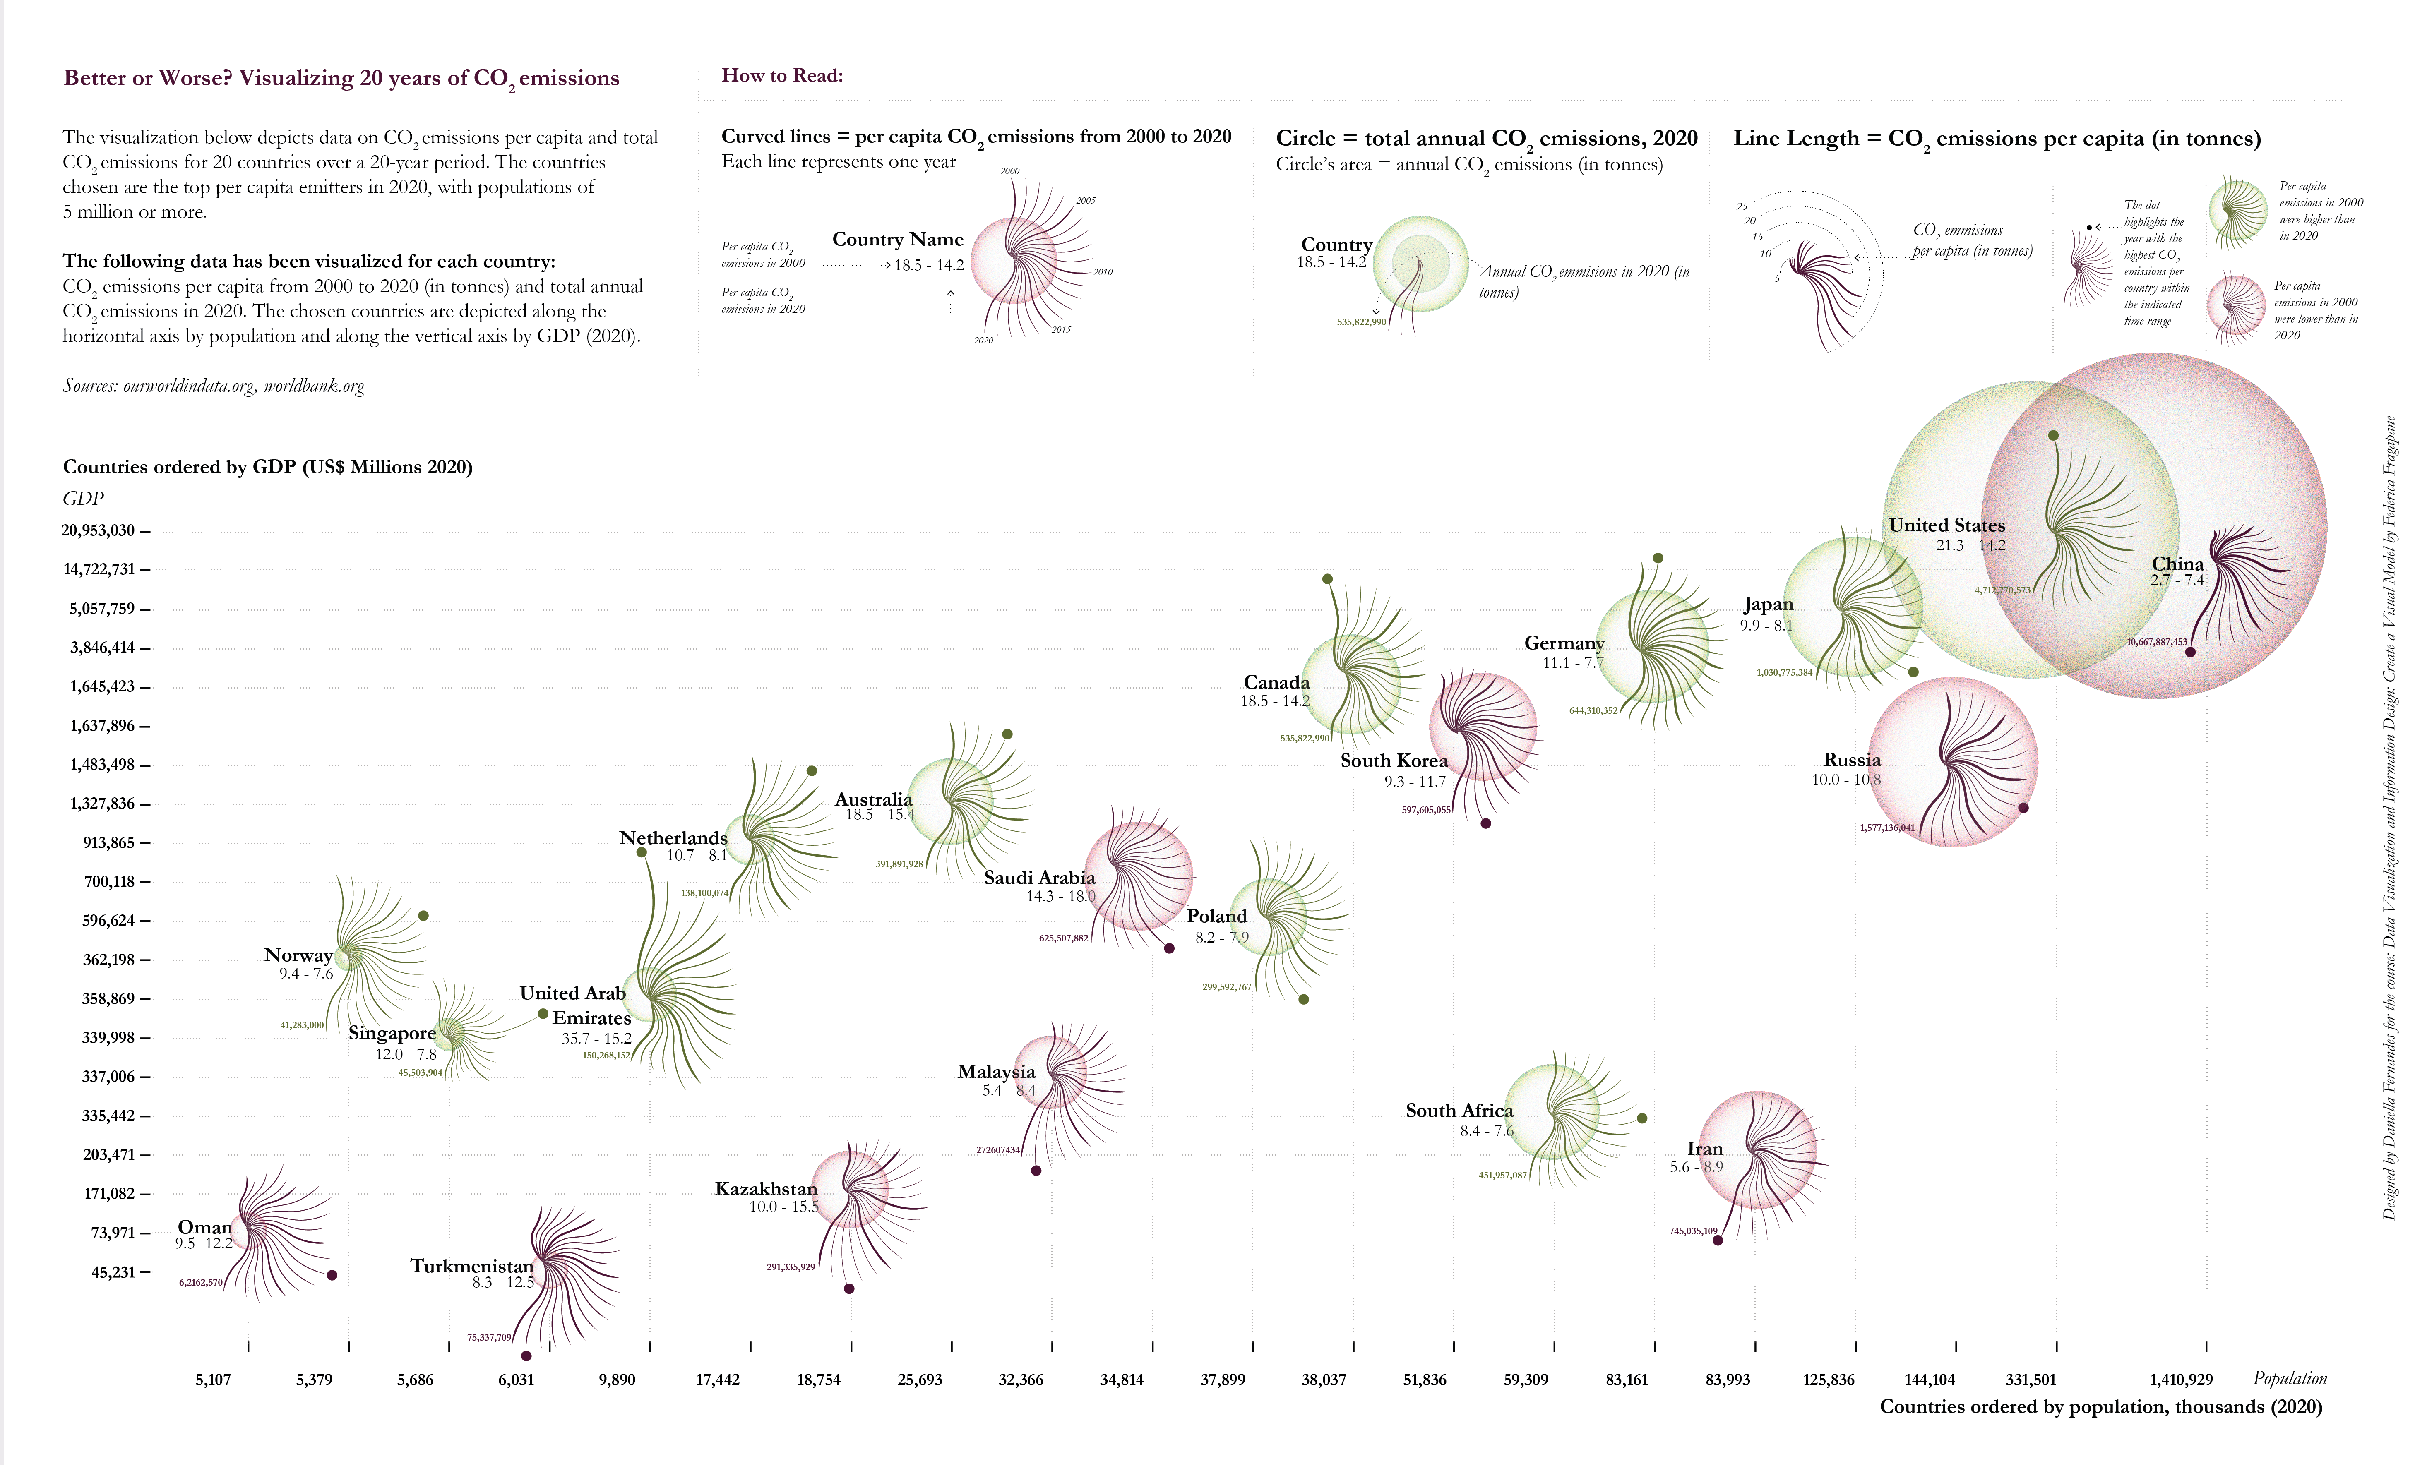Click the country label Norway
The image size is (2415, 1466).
coord(298,955)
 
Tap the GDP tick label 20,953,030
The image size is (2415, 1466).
coord(98,530)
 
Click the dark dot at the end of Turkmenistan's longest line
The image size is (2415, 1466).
coord(526,1356)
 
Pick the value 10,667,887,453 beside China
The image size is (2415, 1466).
coord(2156,642)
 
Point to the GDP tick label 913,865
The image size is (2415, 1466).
coord(109,843)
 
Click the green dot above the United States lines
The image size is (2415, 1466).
coord(2053,435)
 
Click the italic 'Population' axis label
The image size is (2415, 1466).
coord(2290,1379)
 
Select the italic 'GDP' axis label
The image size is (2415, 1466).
coord(83,499)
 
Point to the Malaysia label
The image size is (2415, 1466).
coord(996,1072)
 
